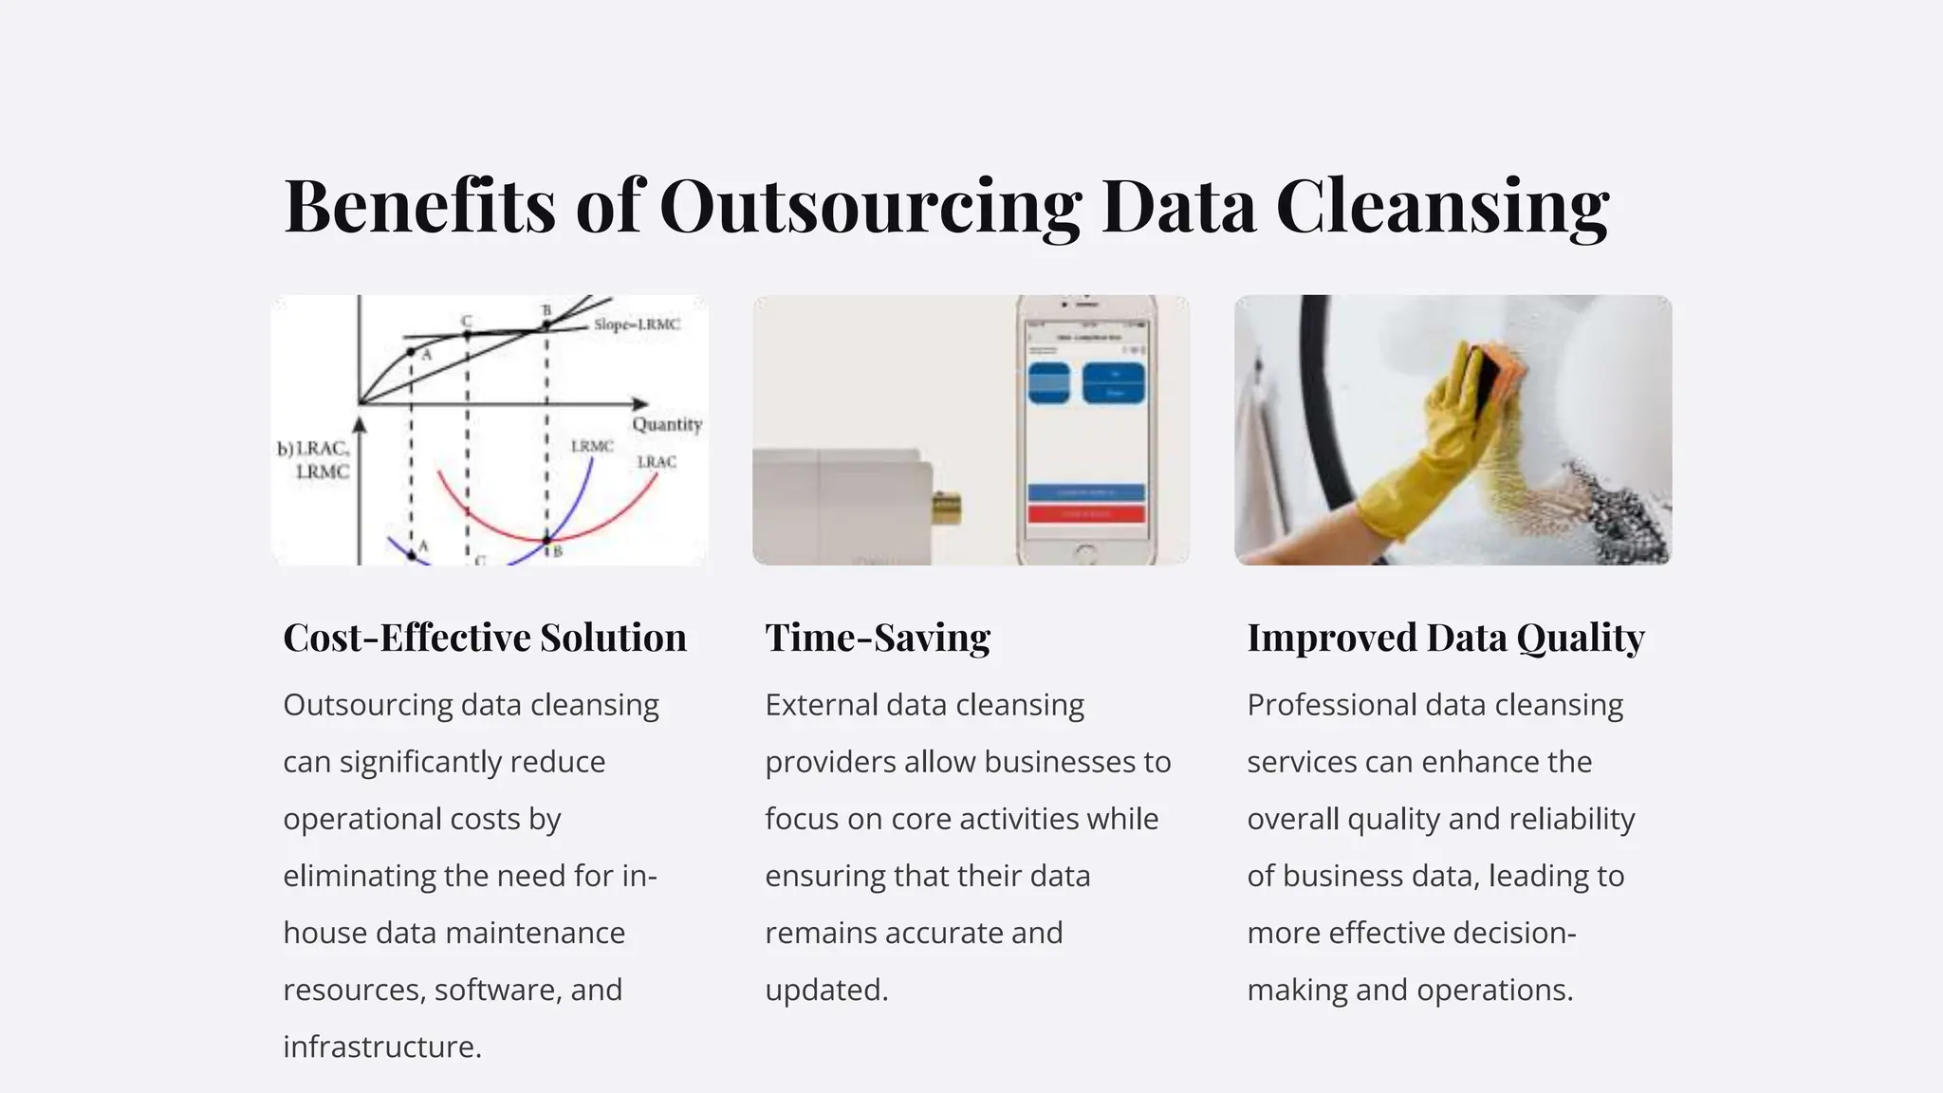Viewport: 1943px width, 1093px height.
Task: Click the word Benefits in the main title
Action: pyautogui.click(x=419, y=206)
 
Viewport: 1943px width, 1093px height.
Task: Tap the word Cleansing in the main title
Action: pyautogui.click(x=1442, y=206)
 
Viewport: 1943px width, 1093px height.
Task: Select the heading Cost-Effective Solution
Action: pyautogui.click(x=485, y=638)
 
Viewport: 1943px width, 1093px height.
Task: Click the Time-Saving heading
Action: pyautogui.click(x=878, y=638)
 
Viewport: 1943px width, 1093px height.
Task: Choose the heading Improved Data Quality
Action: pyautogui.click(x=1446, y=638)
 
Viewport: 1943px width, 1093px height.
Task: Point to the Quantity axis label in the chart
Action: pyautogui.click(x=667, y=424)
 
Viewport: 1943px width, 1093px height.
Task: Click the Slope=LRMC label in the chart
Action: pyautogui.click(x=637, y=324)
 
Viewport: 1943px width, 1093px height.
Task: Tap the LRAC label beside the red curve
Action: pyautogui.click(x=657, y=462)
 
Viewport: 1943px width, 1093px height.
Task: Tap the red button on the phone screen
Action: pyautogui.click(x=1086, y=514)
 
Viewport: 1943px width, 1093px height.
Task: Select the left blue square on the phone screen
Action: pyautogui.click(x=1048, y=382)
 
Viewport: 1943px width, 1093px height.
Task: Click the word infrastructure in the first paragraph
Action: pyautogui.click(x=382, y=1047)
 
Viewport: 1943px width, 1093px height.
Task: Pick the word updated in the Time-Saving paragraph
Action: pyautogui.click(x=826, y=990)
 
